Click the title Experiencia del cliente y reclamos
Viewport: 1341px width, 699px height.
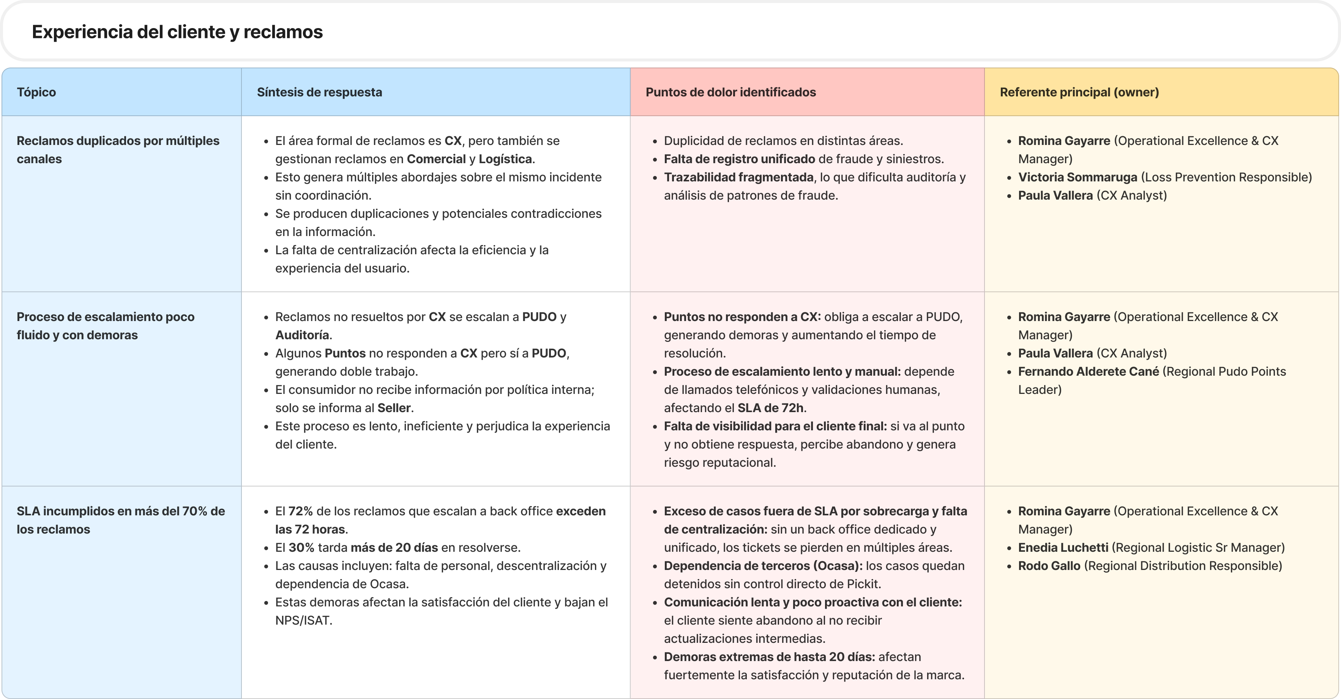[177, 32]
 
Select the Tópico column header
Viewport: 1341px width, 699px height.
[36, 92]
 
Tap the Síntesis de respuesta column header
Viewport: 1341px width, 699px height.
[319, 92]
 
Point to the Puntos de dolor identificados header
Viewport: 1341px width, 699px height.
[730, 92]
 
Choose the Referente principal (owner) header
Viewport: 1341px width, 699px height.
[1079, 92]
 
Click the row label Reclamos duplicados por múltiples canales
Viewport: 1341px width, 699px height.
[118, 150]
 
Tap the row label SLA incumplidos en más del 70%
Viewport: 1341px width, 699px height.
[120, 520]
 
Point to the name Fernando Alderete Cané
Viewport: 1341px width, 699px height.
[1088, 371]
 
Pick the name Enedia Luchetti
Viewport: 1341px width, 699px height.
[1063, 547]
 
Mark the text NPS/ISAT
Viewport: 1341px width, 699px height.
[303, 620]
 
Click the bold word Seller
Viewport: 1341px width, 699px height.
[394, 408]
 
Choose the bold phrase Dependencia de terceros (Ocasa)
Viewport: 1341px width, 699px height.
[763, 565]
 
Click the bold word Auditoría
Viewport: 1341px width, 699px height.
[302, 335]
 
